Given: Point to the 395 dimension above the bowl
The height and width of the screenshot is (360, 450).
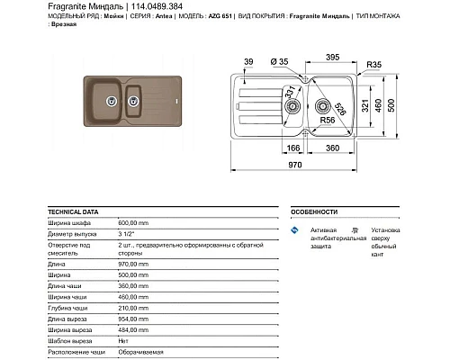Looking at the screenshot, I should [x=330, y=57].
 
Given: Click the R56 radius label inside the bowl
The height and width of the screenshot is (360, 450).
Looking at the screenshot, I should [x=328, y=121].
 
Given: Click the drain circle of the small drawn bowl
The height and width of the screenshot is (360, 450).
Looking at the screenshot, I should [x=292, y=107].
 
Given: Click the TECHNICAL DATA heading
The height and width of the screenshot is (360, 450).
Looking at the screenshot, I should [x=72, y=211].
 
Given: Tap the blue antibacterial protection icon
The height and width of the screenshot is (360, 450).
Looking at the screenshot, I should [x=294, y=232].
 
